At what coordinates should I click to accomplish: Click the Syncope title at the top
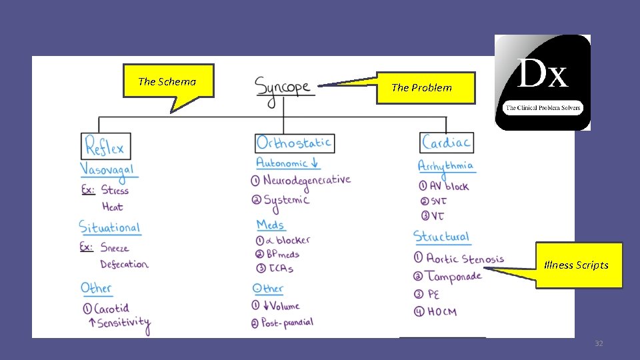point(283,87)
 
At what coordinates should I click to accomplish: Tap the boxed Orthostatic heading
point(295,143)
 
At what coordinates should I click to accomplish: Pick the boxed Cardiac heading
point(447,142)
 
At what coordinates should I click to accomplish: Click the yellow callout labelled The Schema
point(167,81)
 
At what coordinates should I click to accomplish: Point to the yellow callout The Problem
point(425,87)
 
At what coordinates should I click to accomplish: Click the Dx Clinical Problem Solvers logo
point(542,82)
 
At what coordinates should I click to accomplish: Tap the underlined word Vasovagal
point(107,169)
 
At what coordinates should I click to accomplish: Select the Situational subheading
point(110,227)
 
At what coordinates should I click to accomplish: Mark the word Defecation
point(124,265)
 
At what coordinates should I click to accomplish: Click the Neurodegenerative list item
point(306,181)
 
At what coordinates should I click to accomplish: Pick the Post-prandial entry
point(287,323)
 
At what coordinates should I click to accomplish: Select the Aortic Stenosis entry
point(465,259)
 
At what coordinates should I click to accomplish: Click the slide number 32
point(599,343)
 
